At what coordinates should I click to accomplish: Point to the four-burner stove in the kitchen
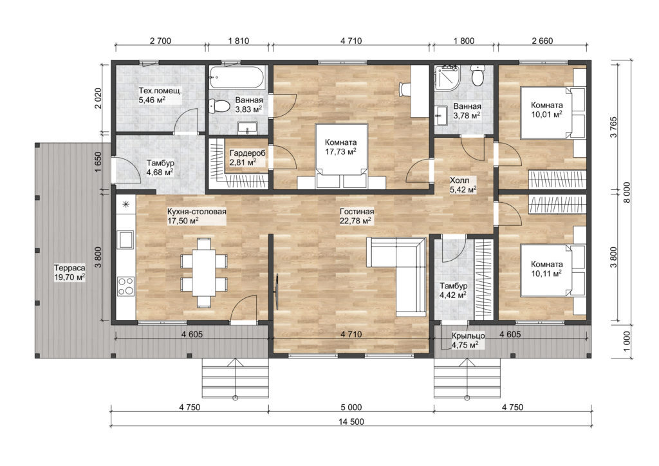[125, 284]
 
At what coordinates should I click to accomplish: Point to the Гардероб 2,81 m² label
[247, 158]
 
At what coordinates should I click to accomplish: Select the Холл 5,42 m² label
[463, 185]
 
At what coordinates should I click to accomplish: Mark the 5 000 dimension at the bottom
[349, 406]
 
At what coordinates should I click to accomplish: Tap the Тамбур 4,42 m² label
[453, 291]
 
